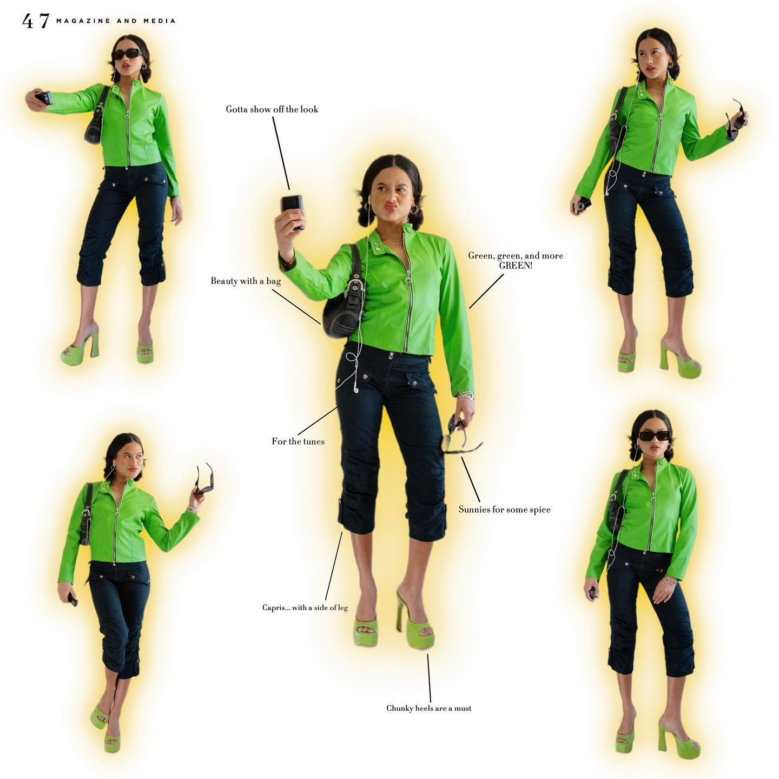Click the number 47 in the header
click(36, 21)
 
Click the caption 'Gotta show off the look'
click(272, 109)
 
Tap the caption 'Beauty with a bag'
click(246, 281)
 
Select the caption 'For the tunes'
click(298, 441)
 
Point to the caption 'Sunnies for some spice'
click(504, 510)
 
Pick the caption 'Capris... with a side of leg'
click(305, 607)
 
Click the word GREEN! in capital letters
click(516, 266)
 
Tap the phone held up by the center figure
click(293, 212)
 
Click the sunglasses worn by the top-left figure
click(127, 54)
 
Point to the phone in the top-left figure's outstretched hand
click(44, 98)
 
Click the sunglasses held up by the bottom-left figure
click(204, 479)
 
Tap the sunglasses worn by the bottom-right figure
click(654, 436)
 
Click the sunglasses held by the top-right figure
click(736, 116)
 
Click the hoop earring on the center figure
click(414, 210)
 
